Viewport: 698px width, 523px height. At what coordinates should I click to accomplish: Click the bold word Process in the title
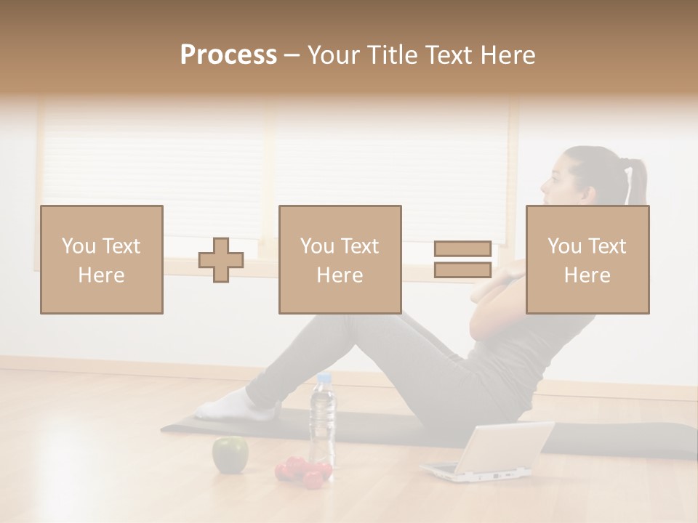pyautogui.click(x=228, y=55)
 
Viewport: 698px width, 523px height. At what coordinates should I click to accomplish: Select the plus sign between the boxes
pyautogui.click(x=221, y=259)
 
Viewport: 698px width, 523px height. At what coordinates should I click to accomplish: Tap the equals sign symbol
pyautogui.click(x=462, y=259)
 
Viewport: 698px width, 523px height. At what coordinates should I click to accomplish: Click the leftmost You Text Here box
pyautogui.click(x=102, y=259)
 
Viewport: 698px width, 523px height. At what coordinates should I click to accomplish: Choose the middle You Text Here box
pyautogui.click(x=340, y=259)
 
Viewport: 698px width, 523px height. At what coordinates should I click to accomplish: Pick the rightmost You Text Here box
pyautogui.click(x=587, y=259)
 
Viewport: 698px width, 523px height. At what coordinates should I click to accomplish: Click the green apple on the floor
pyautogui.click(x=230, y=453)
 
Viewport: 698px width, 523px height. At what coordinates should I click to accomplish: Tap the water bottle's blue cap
pyautogui.click(x=324, y=378)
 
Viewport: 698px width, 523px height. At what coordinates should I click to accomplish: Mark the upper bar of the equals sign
pyautogui.click(x=462, y=248)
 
